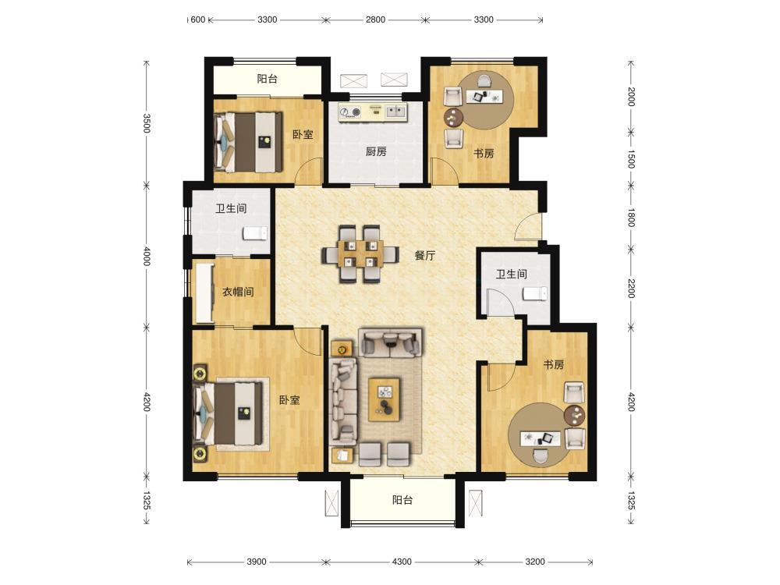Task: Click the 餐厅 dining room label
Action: click(x=425, y=256)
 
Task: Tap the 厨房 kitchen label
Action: click(x=376, y=151)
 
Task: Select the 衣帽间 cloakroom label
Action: click(x=238, y=292)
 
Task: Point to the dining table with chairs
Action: click(x=360, y=253)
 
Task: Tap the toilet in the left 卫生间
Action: click(x=255, y=233)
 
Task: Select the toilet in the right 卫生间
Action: click(x=535, y=293)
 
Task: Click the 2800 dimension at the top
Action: click(x=375, y=20)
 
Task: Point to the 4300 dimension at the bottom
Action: click(x=402, y=562)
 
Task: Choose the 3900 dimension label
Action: click(x=256, y=562)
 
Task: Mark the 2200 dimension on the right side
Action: click(x=631, y=289)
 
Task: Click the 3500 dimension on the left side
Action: click(x=147, y=123)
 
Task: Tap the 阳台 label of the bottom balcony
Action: click(x=402, y=500)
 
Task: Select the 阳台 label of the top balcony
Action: click(x=267, y=79)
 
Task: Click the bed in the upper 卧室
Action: click(x=248, y=142)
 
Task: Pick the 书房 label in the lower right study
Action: click(x=554, y=364)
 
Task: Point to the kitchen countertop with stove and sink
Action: click(x=373, y=112)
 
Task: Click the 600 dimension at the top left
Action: click(x=197, y=20)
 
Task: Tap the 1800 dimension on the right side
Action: click(x=631, y=218)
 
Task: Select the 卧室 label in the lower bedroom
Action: click(x=289, y=400)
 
